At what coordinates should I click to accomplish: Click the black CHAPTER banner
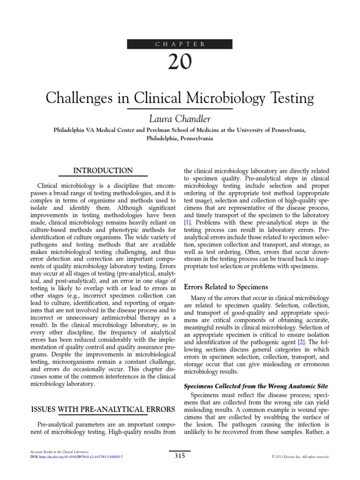(180, 44)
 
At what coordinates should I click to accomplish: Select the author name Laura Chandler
(180, 118)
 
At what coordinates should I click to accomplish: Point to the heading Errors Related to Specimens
(227, 286)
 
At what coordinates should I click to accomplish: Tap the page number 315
(180, 455)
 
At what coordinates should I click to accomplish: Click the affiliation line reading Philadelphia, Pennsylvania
(180, 139)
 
